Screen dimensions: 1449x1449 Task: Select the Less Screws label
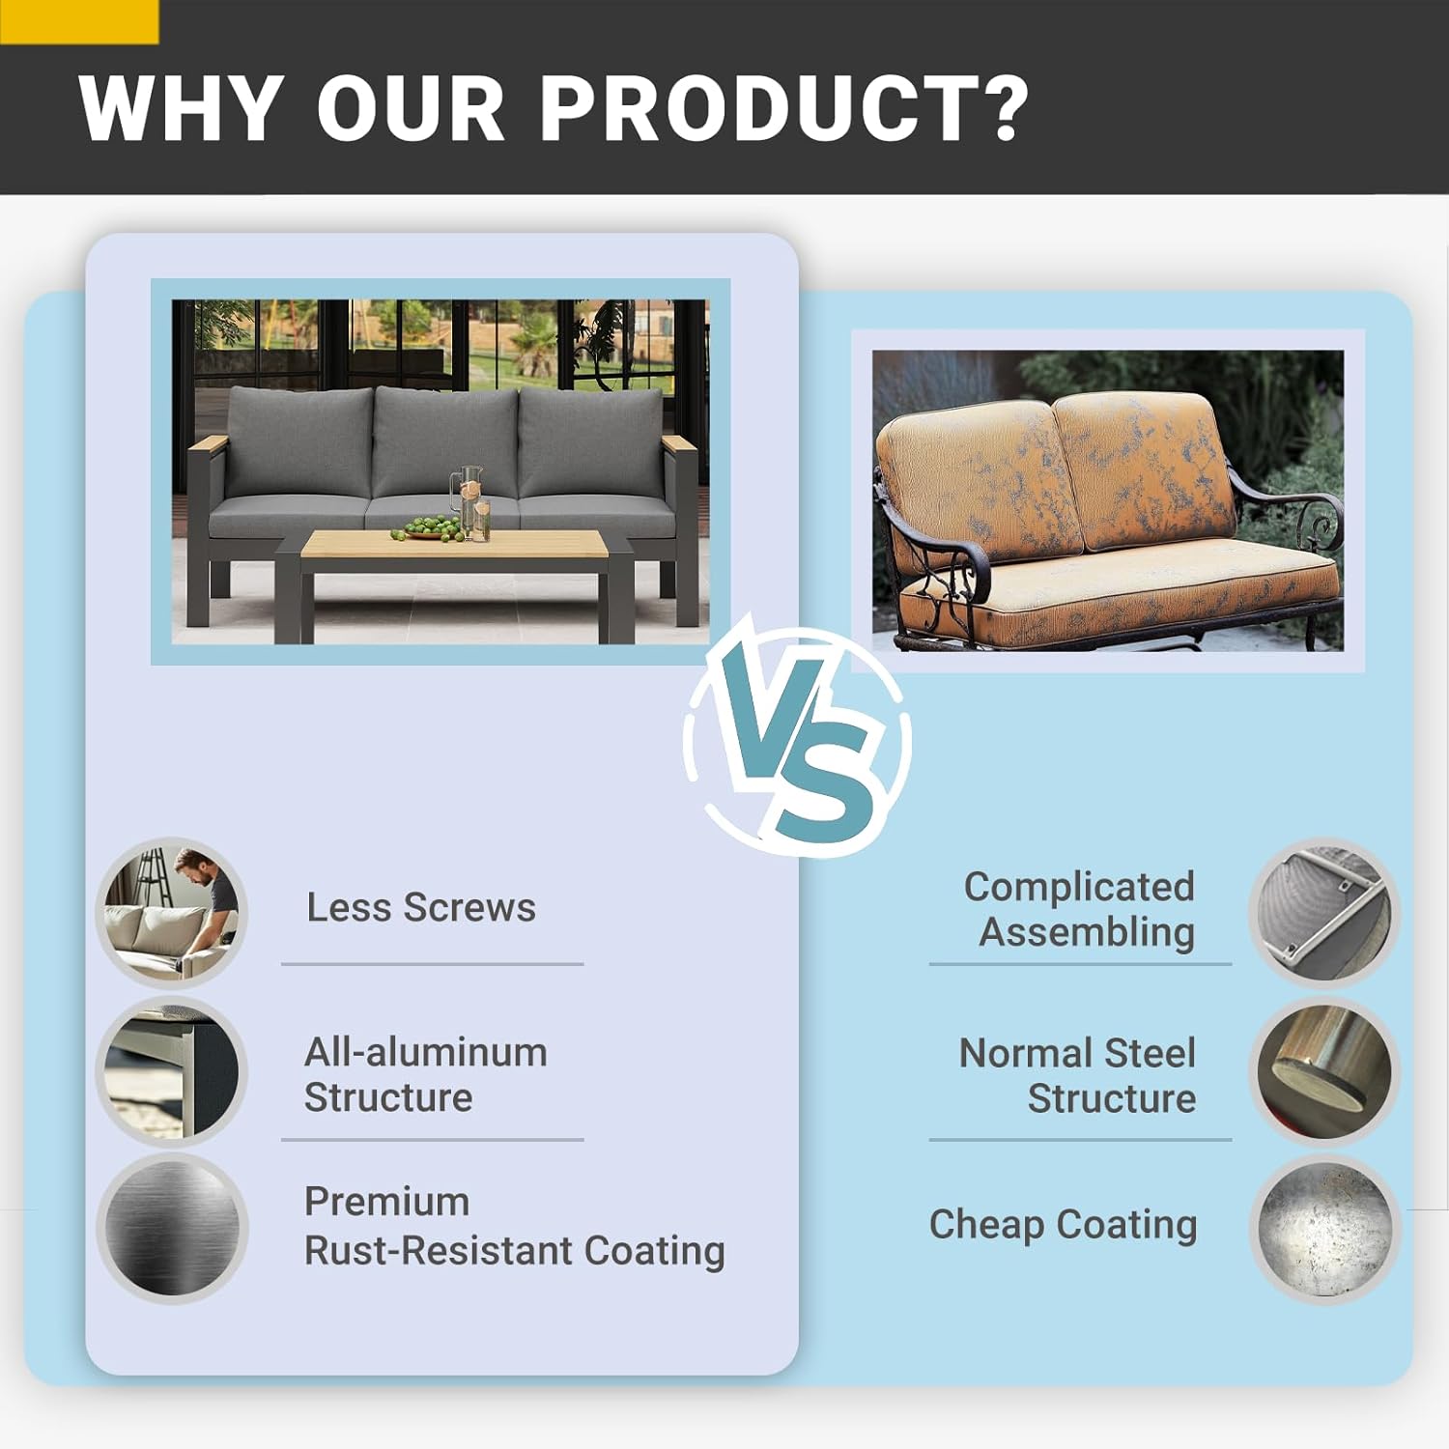click(x=421, y=908)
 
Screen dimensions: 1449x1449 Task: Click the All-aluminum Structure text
click(x=426, y=1074)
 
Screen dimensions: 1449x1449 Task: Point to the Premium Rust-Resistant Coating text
click(x=515, y=1226)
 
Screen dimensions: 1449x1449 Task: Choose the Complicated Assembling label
click(x=1080, y=909)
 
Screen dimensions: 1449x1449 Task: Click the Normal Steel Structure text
click(x=1078, y=1075)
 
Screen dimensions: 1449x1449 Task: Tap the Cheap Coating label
click(x=1064, y=1224)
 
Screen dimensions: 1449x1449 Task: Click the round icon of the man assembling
click(x=172, y=913)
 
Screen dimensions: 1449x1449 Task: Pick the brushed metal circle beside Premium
click(x=172, y=1228)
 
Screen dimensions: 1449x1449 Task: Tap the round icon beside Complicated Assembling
click(x=1324, y=913)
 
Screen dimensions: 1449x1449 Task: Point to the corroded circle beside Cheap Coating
click(x=1324, y=1230)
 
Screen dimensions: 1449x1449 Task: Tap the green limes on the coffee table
click(x=426, y=528)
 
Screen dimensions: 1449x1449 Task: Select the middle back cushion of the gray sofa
click(x=445, y=441)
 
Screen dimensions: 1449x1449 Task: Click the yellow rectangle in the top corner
click(x=79, y=21)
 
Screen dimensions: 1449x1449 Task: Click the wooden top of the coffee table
click(x=454, y=544)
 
